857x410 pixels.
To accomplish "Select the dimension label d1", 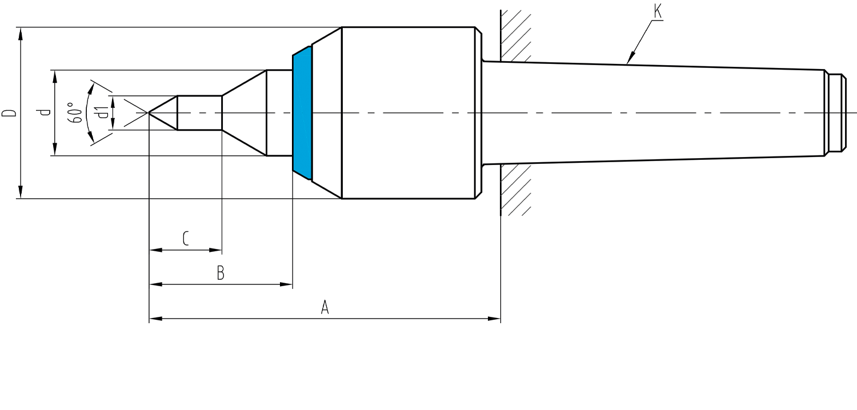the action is [x=102, y=113].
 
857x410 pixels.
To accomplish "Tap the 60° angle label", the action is [x=75, y=112].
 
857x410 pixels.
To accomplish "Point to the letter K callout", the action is [x=658, y=11].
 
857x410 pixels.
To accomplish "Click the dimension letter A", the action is [x=325, y=307].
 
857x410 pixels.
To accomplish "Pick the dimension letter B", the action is [x=221, y=274].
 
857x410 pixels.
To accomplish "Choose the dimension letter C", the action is [x=186, y=238].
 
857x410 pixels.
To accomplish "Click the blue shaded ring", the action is [x=302, y=113].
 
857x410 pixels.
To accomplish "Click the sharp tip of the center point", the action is [x=149, y=112].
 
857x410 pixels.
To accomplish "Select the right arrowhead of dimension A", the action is [x=494, y=319].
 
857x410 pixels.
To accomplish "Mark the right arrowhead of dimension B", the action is [x=286, y=284].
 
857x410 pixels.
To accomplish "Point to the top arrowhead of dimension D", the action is [x=21, y=34].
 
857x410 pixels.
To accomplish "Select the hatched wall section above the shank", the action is [x=516, y=35].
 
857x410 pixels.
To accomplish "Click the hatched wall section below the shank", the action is [x=516, y=190].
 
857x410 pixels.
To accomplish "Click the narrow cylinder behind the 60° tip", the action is [x=199, y=113].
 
